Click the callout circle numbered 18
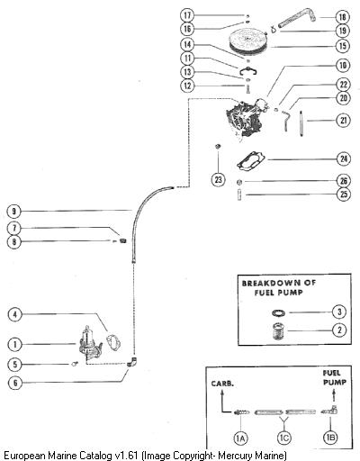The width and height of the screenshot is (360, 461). click(342, 17)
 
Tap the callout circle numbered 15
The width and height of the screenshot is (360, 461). click(343, 46)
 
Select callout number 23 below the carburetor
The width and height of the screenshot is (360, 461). click(218, 179)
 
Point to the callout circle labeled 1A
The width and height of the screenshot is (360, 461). click(240, 438)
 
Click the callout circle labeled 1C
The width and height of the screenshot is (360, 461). click(283, 438)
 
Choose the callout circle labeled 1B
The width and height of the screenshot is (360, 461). click(330, 438)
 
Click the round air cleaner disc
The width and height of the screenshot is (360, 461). click(247, 40)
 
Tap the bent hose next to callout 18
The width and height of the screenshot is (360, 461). click(297, 18)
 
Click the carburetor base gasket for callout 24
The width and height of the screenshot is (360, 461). click(251, 160)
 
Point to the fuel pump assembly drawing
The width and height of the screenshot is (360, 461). click(89, 342)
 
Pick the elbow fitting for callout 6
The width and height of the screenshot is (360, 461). click(131, 362)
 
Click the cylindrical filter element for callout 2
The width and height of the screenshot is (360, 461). click(278, 331)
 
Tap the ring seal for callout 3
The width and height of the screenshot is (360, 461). click(278, 312)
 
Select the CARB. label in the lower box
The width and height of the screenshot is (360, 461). click(222, 384)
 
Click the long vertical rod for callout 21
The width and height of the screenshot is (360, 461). click(301, 123)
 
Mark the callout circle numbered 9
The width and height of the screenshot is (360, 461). click(13, 212)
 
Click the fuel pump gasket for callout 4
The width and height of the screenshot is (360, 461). click(113, 343)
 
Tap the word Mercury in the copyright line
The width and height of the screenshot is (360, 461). click(236, 456)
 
